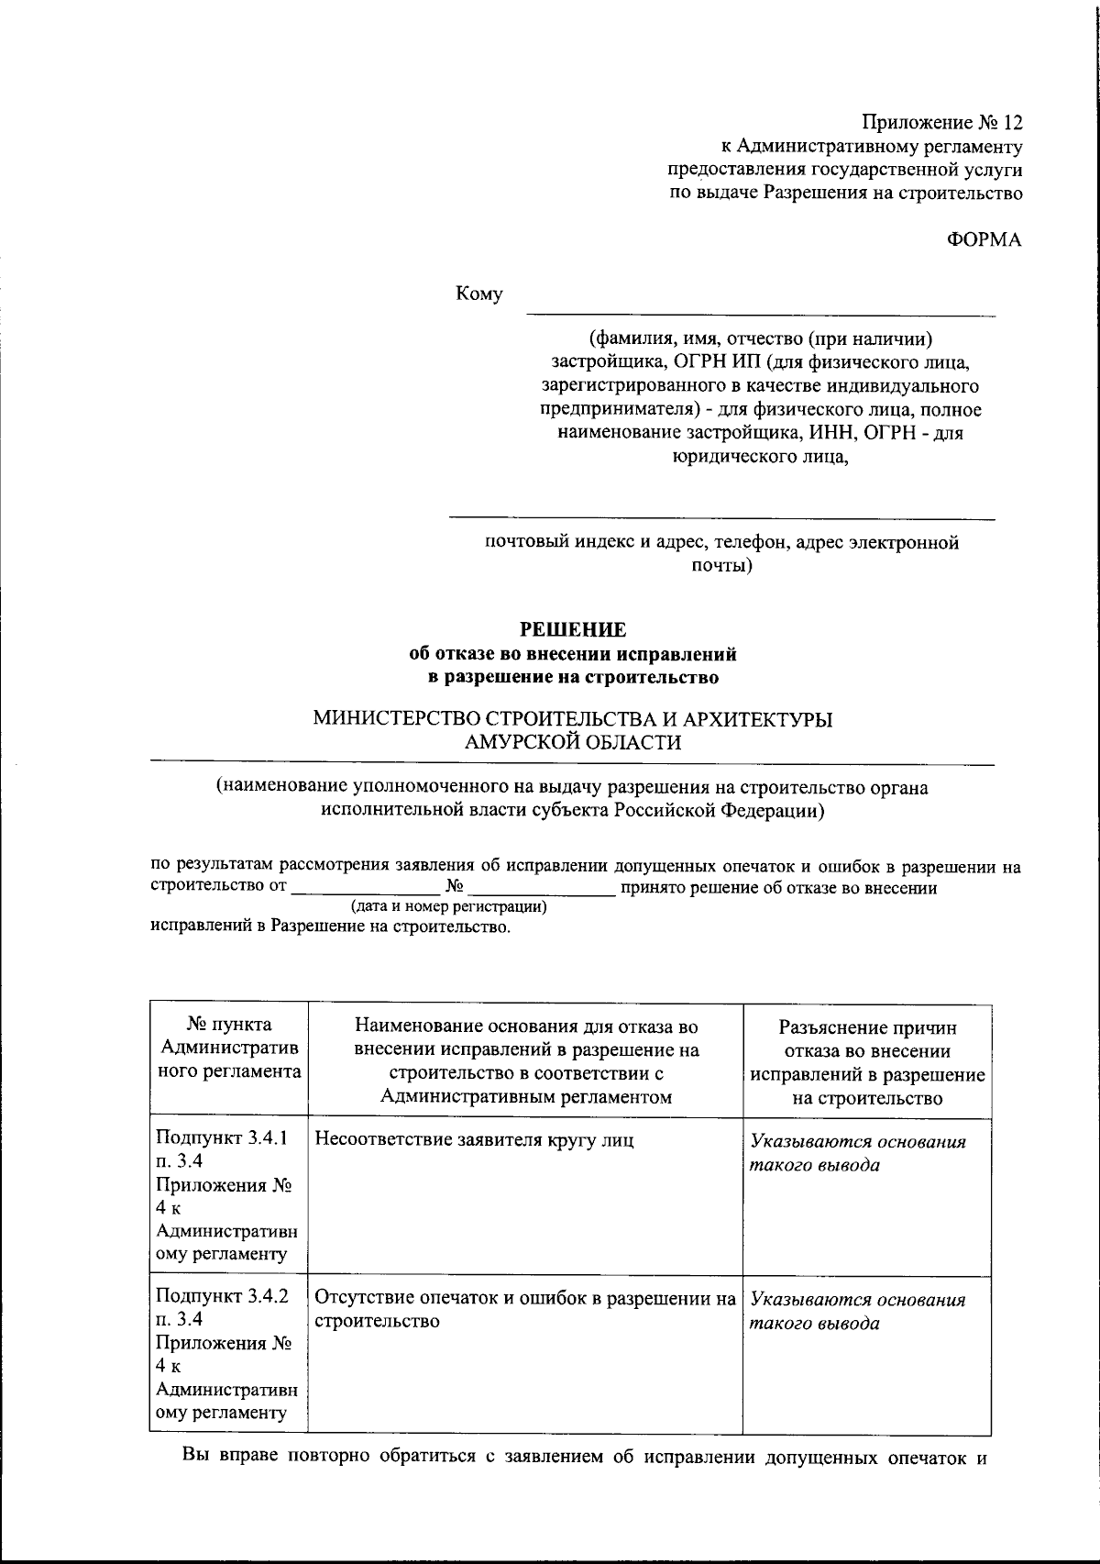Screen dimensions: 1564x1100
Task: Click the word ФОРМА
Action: (984, 239)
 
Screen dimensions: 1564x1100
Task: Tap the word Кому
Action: (479, 294)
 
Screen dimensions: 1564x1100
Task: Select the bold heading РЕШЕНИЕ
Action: (573, 630)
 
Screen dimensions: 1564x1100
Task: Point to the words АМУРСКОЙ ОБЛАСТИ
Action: (573, 743)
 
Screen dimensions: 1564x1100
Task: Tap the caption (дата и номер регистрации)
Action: (448, 907)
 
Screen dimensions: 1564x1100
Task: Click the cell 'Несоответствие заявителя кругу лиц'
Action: (474, 1140)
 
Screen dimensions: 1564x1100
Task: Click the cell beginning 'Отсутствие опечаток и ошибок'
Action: (525, 1310)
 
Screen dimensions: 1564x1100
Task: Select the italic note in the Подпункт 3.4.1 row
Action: (857, 1153)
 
